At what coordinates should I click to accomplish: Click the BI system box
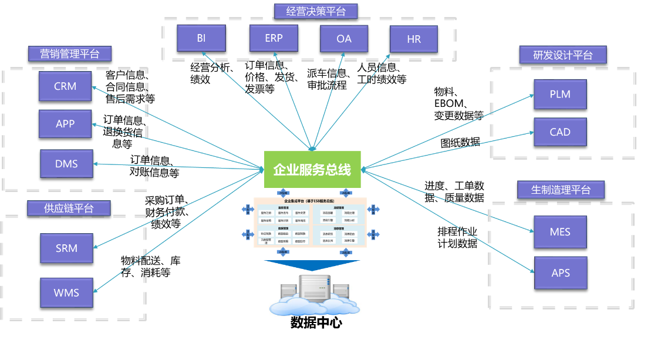[201, 39]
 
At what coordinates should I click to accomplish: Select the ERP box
[274, 38]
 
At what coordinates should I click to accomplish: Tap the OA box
[344, 39]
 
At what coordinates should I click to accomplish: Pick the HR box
[414, 39]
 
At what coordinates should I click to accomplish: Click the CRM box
[65, 86]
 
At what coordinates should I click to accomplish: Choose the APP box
[65, 124]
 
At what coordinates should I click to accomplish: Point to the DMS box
[66, 164]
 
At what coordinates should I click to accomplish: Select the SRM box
[66, 248]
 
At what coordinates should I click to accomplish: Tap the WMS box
[66, 292]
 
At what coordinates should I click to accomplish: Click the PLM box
[560, 94]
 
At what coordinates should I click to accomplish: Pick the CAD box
[560, 132]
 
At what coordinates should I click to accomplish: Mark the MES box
[560, 232]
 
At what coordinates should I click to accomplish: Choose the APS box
[561, 273]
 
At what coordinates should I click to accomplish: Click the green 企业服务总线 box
[312, 170]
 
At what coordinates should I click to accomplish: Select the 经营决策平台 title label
[316, 11]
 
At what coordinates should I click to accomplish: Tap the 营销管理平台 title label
[70, 54]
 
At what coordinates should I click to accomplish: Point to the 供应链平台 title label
[69, 208]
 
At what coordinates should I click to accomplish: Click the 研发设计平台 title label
[562, 55]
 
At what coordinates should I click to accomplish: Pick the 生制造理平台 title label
[561, 190]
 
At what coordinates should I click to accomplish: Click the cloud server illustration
[315, 294]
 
